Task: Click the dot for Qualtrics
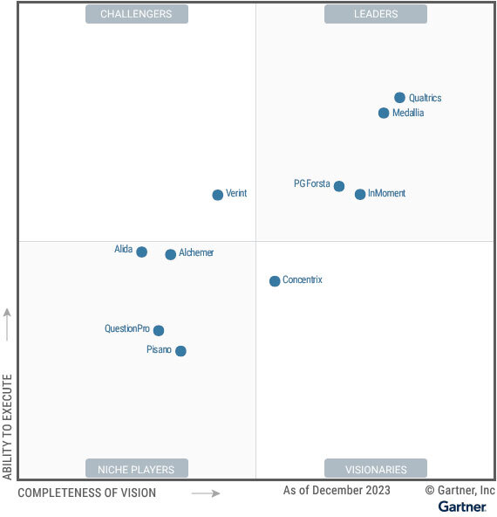[x=399, y=98]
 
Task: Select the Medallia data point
[x=384, y=113]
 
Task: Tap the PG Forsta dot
[x=339, y=186]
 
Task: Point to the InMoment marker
[x=360, y=194]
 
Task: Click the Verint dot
[x=218, y=195]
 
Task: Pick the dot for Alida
[x=142, y=252]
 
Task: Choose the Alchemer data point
[x=171, y=254]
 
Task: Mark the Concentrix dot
[x=275, y=281]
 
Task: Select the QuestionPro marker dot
[x=159, y=330]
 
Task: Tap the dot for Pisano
[x=180, y=351]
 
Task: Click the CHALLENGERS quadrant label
[x=136, y=14]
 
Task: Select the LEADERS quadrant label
[x=376, y=14]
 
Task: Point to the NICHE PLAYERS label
[x=136, y=469]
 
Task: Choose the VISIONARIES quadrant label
[x=376, y=469]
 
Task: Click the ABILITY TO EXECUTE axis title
[x=8, y=426]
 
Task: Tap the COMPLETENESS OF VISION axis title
[x=87, y=493]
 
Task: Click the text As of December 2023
[x=337, y=491]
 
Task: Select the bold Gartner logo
[x=462, y=507]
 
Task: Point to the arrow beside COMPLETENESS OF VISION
[x=206, y=493]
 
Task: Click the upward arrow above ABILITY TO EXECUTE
[x=8, y=324]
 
